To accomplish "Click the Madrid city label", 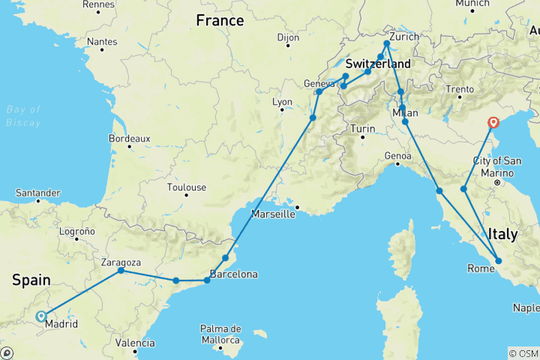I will pyautogui.click(x=60, y=325).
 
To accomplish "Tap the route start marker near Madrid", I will pyautogui.click(x=40, y=316).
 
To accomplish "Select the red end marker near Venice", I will pyautogui.click(x=493, y=123).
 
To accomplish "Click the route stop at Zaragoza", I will pyautogui.click(x=121, y=271).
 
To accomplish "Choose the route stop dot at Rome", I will pyautogui.click(x=498, y=261).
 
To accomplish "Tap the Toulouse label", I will pyautogui.click(x=187, y=187).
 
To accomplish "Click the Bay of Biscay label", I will pyautogui.click(x=23, y=116).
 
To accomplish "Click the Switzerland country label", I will pyautogui.click(x=378, y=64).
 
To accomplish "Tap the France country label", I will pyautogui.click(x=220, y=21).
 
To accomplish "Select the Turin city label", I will pyautogui.click(x=363, y=129).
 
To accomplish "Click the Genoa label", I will pyautogui.click(x=398, y=156).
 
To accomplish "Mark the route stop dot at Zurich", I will pyautogui.click(x=387, y=43).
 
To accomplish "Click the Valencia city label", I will pyautogui.click(x=136, y=343).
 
